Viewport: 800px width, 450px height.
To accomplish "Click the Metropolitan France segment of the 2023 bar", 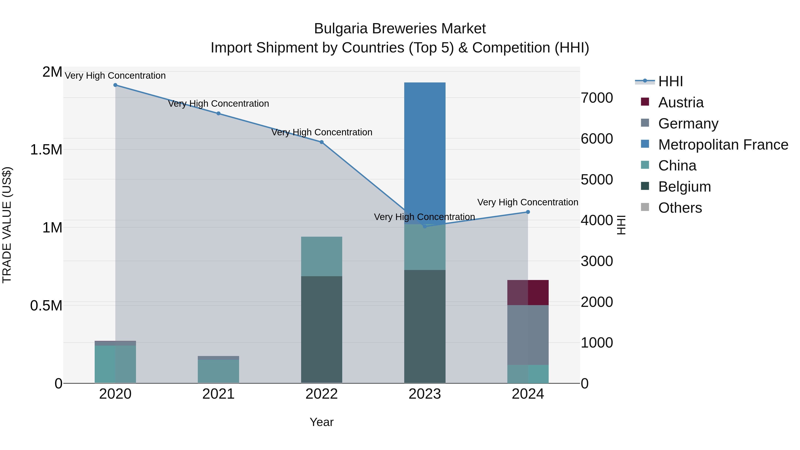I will [x=424, y=152].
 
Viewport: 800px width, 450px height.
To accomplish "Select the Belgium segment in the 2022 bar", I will [x=321, y=329].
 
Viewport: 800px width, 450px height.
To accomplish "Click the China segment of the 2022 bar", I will [x=321, y=256].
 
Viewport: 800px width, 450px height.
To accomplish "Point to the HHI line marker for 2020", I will [x=115, y=85].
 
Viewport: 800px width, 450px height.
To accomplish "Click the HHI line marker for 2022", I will [x=321, y=142].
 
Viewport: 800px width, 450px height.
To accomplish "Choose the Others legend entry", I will [x=680, y=208].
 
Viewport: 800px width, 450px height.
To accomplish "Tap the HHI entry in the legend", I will [x=670, y=81].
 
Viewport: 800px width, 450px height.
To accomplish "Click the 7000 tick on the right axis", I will [x=597, y=98].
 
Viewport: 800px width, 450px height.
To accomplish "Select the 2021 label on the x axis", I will [x=218, y=394].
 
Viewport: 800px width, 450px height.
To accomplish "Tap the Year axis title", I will [x=321, y=422].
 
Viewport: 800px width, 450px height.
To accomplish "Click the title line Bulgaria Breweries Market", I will [x=400, y=29].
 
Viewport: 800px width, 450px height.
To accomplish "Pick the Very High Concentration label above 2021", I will [x=218, y=103].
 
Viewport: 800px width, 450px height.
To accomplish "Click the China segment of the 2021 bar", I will [x=218, y=371].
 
